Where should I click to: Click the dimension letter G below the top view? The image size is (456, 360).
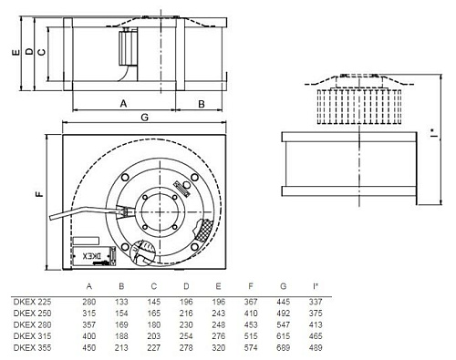tap(144, 118)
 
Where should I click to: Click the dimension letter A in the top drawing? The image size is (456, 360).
tap(122, 104)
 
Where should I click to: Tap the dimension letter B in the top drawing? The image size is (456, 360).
tap(202, 104)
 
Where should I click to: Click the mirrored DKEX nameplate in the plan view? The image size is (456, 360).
tap(98, 257)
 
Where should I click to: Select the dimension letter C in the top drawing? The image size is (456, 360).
tap(42, 53)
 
